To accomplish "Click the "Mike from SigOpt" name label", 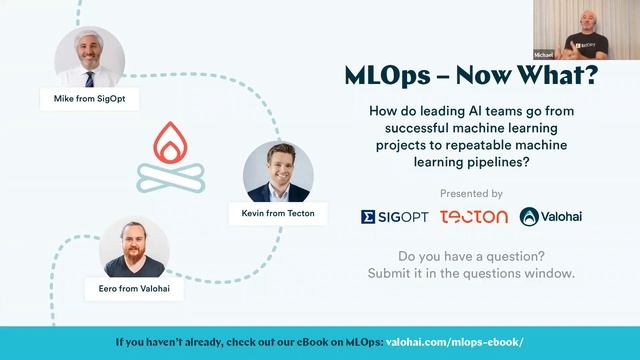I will point(89,98).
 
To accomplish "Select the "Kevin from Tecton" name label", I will point(278,214).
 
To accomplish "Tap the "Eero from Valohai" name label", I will point(133,288).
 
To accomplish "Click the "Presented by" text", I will point(471,193).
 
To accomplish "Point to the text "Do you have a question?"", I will point(471,255).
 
